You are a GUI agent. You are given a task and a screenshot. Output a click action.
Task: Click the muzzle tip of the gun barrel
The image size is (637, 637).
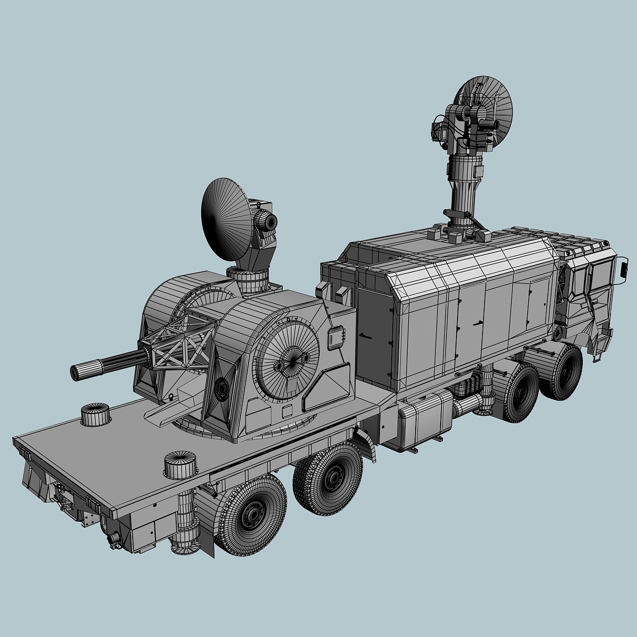click(x=75, y=372)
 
